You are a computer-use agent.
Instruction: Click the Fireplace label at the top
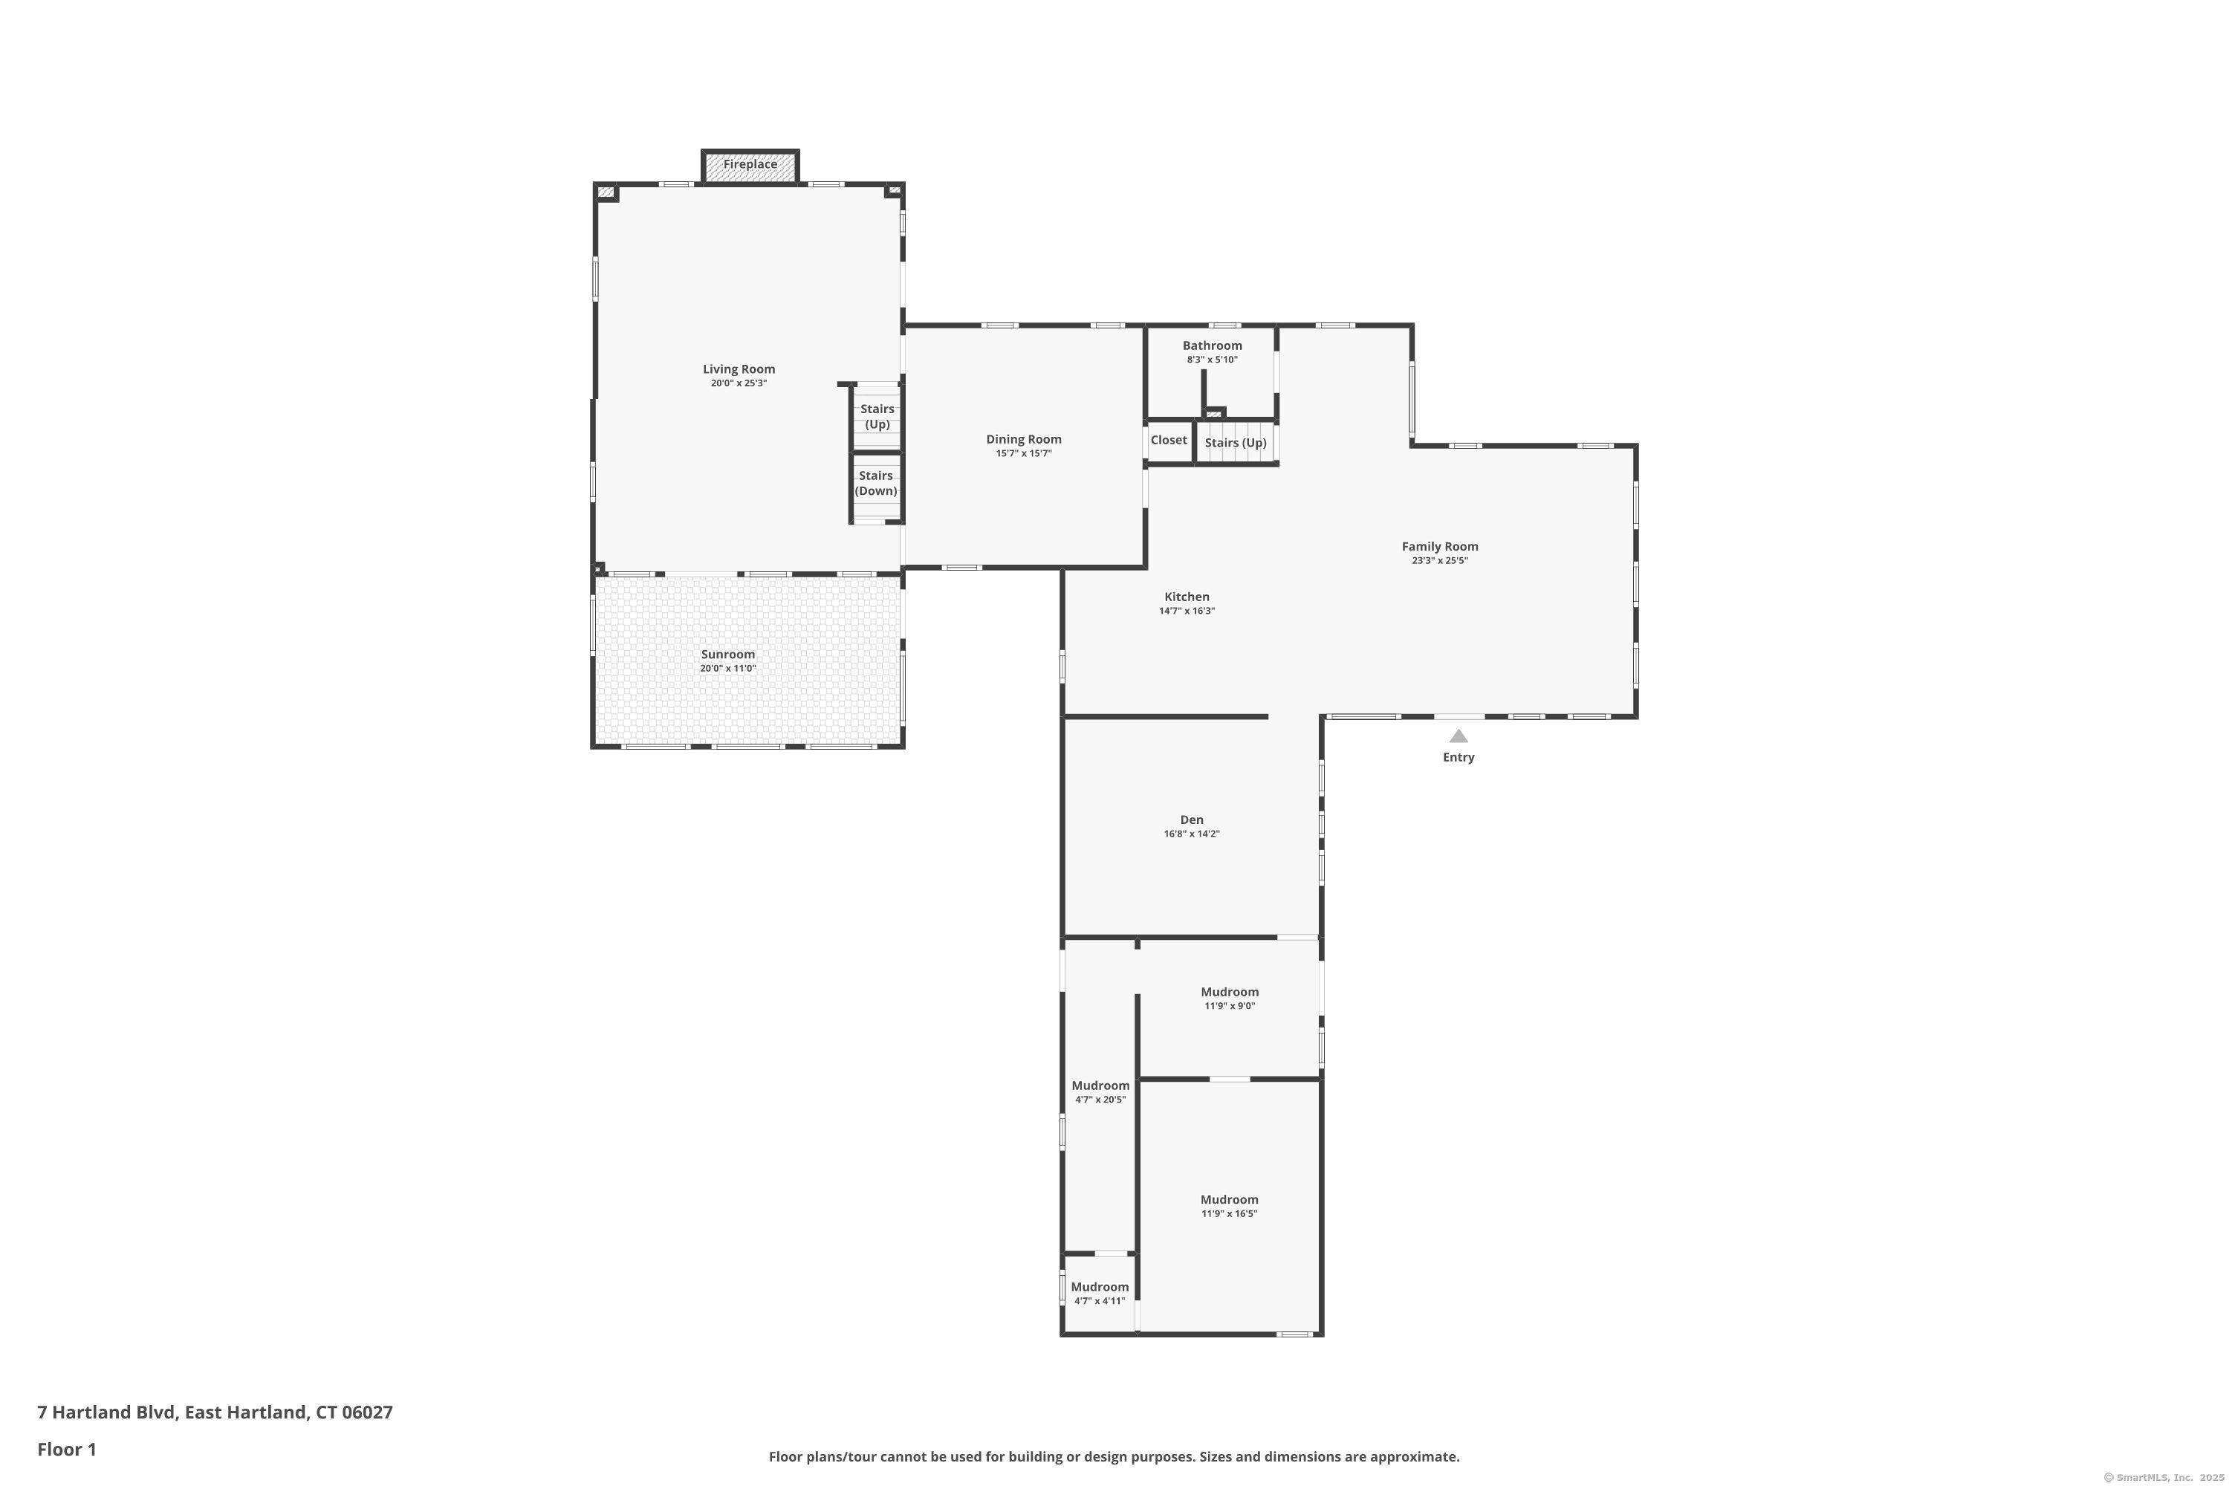tap(750, 165)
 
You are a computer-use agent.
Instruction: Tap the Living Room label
tap(739, 369)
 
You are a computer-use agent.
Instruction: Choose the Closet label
tap(1169, 441)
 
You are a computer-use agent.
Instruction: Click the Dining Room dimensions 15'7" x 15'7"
tap(1024, 454)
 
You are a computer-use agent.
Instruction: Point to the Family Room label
tap(1440, 547)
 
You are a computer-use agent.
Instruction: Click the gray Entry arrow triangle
tap(1459, 736)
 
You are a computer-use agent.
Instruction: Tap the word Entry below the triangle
tap(1459, 758)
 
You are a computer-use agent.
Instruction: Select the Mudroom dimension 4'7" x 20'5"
tap(1100, 1100)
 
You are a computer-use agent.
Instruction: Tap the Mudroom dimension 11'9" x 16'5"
tap(1229, 1214)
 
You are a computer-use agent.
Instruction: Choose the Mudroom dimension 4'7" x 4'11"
tap(1100, 1301)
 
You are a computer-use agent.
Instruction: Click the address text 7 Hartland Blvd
tap(106, 1413)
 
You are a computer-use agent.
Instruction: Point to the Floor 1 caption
tap(66, 1449)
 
